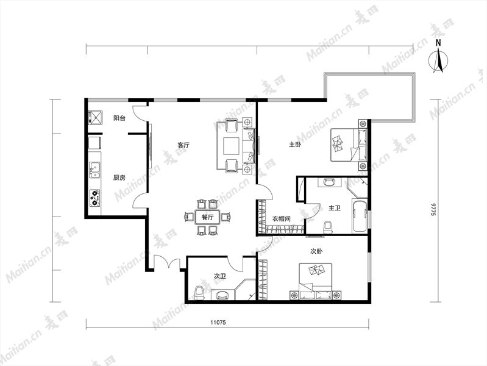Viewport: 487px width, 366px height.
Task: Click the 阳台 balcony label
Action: tap(119, 118)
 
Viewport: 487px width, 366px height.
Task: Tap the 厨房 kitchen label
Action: tap(119, 178)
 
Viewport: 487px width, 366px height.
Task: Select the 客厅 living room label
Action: tap(183, 145)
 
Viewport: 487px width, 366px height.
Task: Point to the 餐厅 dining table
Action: tap(207, 217)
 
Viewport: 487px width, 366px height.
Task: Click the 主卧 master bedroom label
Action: tap(295, 145)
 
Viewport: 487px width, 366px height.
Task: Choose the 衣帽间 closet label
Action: tap(282, 218)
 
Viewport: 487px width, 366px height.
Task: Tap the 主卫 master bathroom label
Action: tap(335, 208)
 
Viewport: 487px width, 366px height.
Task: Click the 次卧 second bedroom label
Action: tap(316, 251)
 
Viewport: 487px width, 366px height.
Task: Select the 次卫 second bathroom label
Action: tap(220, 276)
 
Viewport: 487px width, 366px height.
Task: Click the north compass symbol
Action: tap(438, 57)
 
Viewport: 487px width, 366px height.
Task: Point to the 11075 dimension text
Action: tap(218, 323)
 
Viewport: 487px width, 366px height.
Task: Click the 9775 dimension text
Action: tap(433, 210)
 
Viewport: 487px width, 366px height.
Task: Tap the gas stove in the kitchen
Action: tap(94, 198)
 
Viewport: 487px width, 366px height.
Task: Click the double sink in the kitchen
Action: tap(94, 170)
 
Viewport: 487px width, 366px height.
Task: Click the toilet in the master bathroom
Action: tap(328, 227)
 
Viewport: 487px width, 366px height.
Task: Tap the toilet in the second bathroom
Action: tap(199, 293)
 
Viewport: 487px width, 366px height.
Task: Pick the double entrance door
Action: tap(167, 262)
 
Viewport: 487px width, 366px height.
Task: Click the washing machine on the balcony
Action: tap(95, 118)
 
